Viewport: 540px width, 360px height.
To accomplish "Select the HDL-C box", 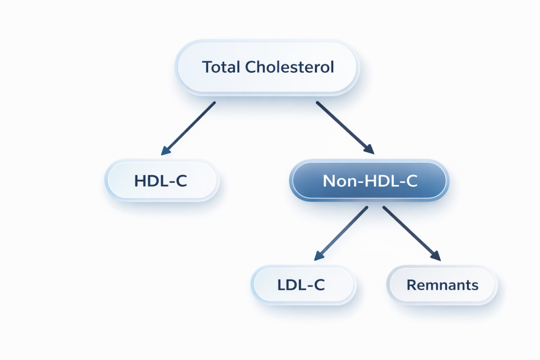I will coord(161,180).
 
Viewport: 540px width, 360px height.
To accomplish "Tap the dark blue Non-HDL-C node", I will coord(369,181).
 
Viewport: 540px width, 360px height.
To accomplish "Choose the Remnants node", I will coord(442,285).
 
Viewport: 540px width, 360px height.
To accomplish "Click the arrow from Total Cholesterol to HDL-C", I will coord(189,128).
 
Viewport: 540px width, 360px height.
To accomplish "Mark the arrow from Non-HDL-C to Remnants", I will coord(411,233).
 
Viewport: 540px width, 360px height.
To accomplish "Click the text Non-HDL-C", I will coord(370,181).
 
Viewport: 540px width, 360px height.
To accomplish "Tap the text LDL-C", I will coord(301,285).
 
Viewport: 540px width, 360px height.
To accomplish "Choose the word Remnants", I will coord(442,285).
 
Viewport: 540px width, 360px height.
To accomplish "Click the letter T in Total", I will coord(207,67).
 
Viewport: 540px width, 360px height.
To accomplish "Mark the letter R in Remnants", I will coord(411,285).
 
